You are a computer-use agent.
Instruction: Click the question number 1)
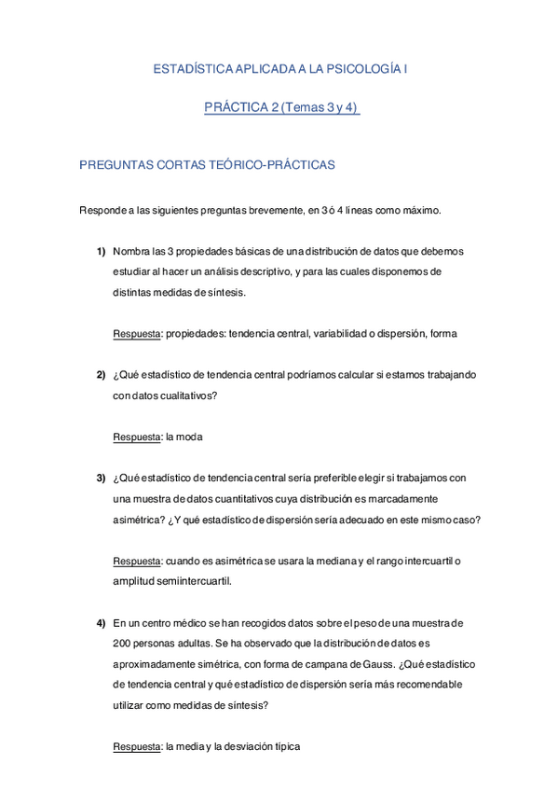coord(101,252)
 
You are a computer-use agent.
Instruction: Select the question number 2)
coord(101,375)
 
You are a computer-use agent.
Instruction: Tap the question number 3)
coord(101,479)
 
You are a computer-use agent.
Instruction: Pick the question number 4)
coord(101,622)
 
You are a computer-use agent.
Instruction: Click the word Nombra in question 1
coord(129,252)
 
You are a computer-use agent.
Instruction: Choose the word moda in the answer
coord(190,437)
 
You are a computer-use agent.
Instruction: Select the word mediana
coord(335,561)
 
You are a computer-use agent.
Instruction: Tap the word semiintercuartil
coord(195,581)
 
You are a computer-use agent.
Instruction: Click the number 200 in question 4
coord(121,643)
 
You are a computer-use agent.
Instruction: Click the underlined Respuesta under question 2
coord(136,437)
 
